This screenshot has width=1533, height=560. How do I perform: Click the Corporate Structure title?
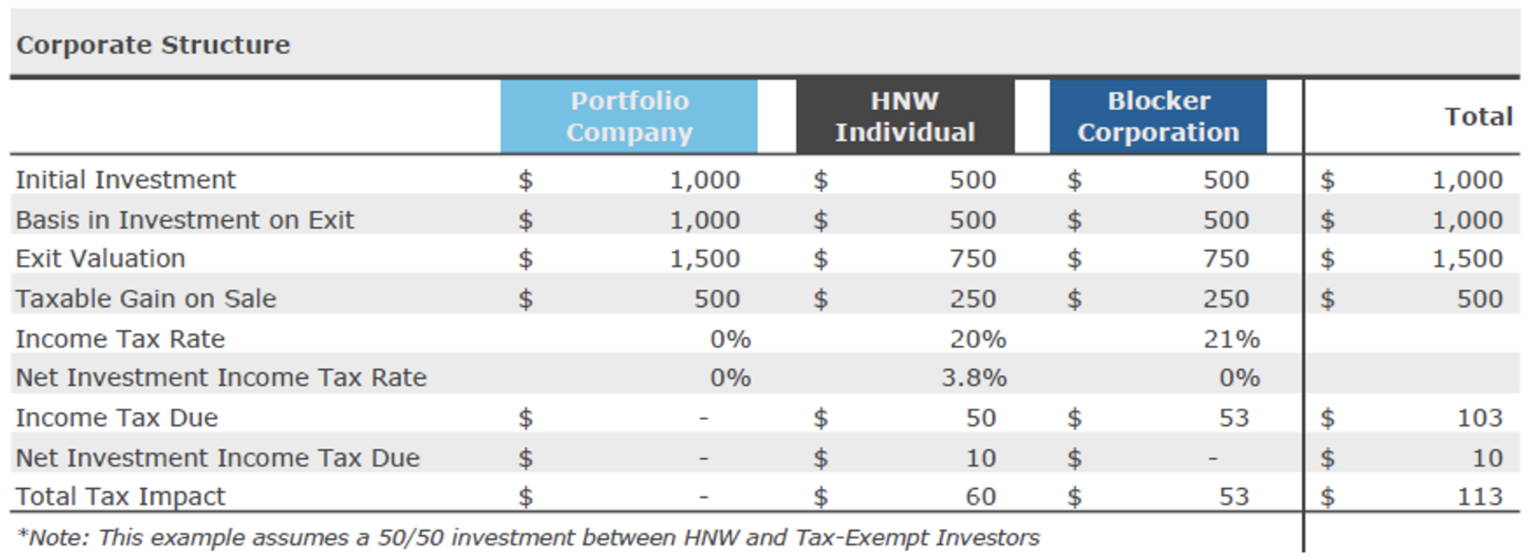coord(153,45)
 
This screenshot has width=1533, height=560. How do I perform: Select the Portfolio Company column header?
coord(629,117)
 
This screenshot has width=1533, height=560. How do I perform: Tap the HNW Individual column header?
coord(904,117)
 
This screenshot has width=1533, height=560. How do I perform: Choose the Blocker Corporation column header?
coord(1158,117)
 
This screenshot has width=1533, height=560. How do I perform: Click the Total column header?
coord(1478,117)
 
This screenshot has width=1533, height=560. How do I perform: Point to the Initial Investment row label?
coord(125,180)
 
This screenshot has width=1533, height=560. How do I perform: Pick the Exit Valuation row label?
coord(100,259)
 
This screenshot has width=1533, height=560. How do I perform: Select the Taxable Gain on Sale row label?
coord(146,299)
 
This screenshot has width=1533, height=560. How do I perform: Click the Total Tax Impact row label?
coord(120,496)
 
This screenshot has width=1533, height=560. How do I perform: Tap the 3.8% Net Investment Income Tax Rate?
coord(973,377)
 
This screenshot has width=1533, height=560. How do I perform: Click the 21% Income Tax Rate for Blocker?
coord(1231,339)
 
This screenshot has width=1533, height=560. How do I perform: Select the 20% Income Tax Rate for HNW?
coord(978,339)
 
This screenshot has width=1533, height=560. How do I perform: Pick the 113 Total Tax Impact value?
coord(1479,496)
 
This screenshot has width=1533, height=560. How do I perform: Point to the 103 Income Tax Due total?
coord(1479,418)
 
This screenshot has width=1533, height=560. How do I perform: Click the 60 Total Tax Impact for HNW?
coord(980,496)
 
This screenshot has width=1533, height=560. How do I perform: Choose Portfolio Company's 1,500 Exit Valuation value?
coord(704,259)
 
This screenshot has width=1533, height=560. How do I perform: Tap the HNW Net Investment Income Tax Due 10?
coord(980,457)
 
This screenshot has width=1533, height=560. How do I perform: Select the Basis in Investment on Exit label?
coord(184,220)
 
